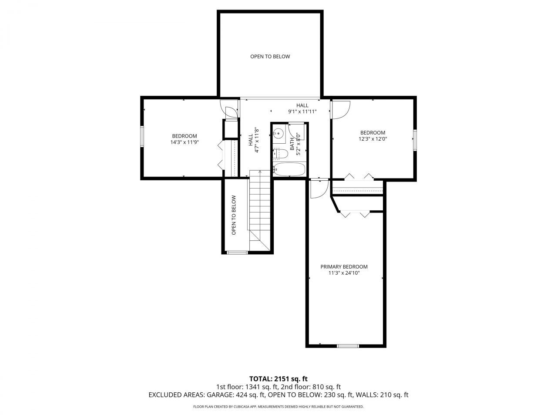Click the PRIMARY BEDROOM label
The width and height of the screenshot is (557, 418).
344,267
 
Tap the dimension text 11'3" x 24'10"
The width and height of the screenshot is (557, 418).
344,273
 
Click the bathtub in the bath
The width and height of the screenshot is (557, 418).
289,169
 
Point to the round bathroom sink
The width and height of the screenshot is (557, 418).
279,133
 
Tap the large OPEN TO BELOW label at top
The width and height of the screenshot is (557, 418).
270,57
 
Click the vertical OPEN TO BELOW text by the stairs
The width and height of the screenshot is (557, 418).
234,215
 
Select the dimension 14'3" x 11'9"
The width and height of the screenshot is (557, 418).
185,142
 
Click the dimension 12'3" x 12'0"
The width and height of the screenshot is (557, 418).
372,139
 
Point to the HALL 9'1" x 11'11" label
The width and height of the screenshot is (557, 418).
302,108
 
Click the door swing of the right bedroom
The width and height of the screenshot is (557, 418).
340,109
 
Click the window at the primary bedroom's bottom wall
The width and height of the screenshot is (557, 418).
348,346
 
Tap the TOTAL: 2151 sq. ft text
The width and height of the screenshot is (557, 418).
278,378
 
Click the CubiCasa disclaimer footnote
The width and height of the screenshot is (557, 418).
278,407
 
